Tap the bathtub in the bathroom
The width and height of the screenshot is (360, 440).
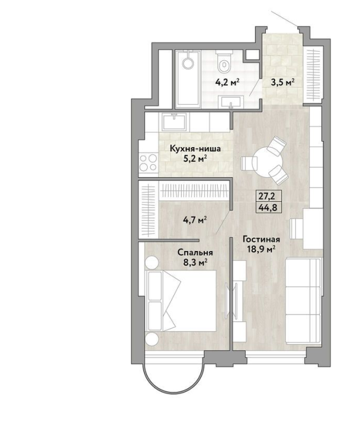coord(188,79)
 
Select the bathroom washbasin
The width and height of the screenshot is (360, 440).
coord(231,102)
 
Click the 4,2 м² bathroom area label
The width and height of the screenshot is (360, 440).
coord(227,82)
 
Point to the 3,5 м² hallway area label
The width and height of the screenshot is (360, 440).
coord(282,82)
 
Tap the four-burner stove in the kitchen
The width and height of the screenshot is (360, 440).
coord(148,162)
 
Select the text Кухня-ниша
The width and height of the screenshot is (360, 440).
coord(195,149)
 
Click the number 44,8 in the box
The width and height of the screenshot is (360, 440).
coord(265,208)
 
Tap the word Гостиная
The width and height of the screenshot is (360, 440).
coord(262,239)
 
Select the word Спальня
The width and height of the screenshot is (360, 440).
coord(194,252)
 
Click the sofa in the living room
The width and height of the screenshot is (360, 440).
coord(303,301)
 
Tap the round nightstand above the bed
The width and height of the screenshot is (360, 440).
coord(152,263)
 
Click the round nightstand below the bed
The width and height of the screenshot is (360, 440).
coord(152,339)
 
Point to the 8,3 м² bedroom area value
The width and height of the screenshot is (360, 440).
coord(195,263)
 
